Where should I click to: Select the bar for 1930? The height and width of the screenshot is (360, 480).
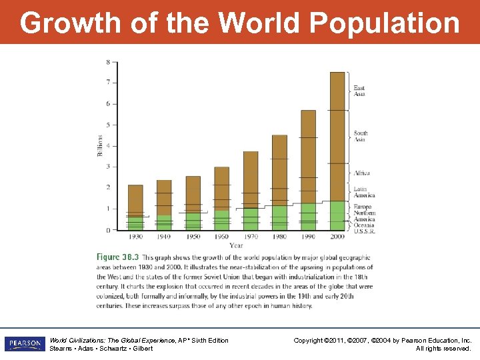pyautogui.click(x=135, y=207)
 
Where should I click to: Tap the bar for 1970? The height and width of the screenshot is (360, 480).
pyautogui.click(x=251, y=191)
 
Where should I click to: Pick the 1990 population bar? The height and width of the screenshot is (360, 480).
pyautogui.click(x=308, y=170)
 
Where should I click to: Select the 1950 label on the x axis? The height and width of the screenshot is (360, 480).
pyautogui.click(x=193, y=237)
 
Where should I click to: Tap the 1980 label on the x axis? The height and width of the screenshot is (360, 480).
pyautogui.click(x=279, y=237)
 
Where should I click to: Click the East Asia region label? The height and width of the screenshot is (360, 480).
pyautogui.click(x=359, y=91)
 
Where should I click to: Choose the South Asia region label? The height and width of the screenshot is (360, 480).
pyautogui.click(x=360, y=136)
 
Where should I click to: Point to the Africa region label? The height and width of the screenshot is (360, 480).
pyautogui.click(x=361, y=173)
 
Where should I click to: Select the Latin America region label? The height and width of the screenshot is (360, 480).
pyautogui.click(x=364, y=192)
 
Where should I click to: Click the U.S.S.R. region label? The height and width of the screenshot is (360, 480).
pyautogui.click(x=364, y=231)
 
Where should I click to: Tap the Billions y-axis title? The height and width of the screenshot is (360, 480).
pyautogui.click(x=101, y=145)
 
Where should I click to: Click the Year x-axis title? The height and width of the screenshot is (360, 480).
pyautogui.click(x=236, y=245)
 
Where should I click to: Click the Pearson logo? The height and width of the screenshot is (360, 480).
pyautogui.click(x=25, y=344)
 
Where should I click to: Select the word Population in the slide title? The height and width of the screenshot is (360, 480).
pyautogui.click(x=385, y=23)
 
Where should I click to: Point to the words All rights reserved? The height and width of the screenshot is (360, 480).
pyautogui.click(x=443, y=349)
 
